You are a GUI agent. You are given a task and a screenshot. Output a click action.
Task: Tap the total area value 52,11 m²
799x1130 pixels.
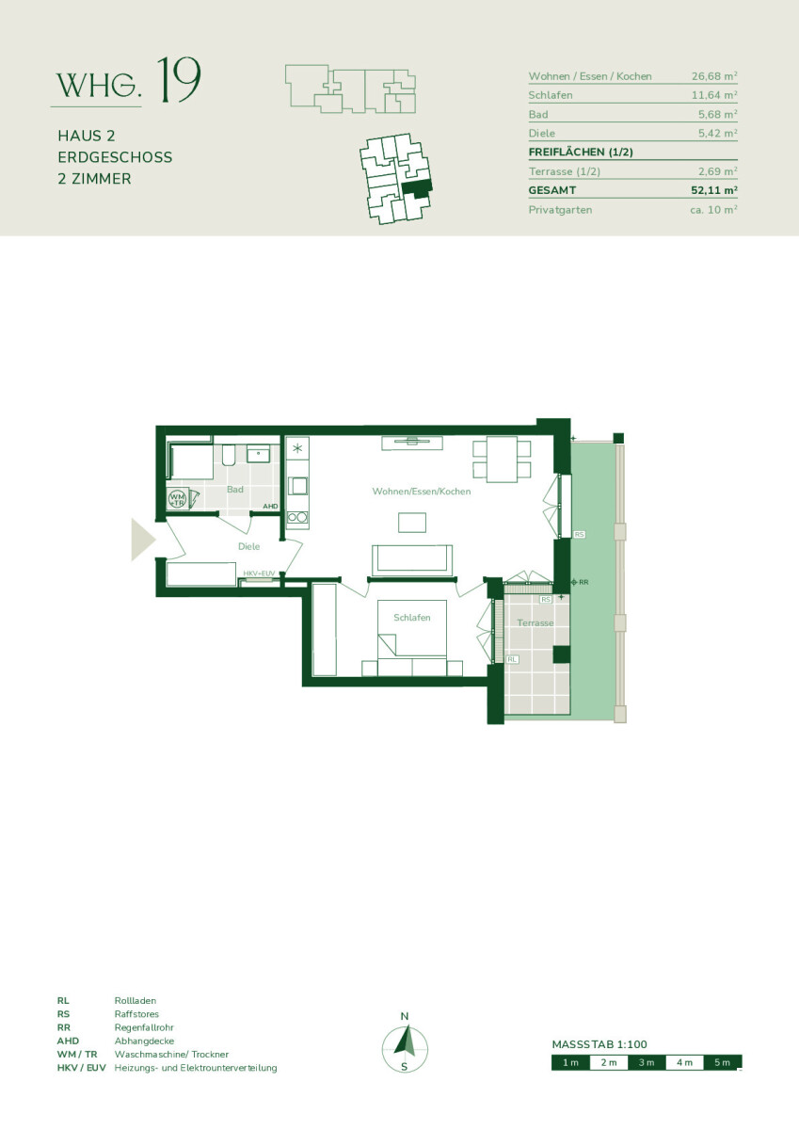coord(713,190)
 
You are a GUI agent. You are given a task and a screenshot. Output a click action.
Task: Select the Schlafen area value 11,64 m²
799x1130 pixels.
coord(714,95)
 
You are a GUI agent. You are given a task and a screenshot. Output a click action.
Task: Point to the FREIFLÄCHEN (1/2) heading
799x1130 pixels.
coord(581,152)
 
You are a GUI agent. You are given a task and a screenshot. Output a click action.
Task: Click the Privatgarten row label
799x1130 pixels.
coord(560,210)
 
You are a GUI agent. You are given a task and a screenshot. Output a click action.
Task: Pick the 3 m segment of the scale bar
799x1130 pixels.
coord(647,1062)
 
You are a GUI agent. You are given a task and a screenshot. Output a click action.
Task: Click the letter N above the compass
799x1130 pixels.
coord(405,1016)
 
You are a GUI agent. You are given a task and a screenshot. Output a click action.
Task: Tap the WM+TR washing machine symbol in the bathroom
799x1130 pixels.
coord(177,499)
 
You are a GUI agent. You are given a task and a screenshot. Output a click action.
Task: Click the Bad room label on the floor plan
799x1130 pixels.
coord(235,490)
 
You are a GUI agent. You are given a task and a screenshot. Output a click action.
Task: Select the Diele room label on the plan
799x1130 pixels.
coord(249,546)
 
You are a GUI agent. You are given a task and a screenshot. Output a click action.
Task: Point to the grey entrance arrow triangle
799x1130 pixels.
coord(143,540)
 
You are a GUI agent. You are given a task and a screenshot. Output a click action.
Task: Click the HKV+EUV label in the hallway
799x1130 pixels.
coord(259,573)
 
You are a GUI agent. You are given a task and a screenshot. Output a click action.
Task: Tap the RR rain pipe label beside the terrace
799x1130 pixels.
coord(583,582)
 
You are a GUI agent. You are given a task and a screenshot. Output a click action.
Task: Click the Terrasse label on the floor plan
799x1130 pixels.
coord(535,623)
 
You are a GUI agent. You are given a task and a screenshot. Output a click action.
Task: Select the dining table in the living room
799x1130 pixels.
coord(502,460)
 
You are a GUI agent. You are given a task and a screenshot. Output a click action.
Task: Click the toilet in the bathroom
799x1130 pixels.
coord(229,455)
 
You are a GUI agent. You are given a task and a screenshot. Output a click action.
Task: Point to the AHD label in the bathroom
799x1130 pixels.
coord(270,506)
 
